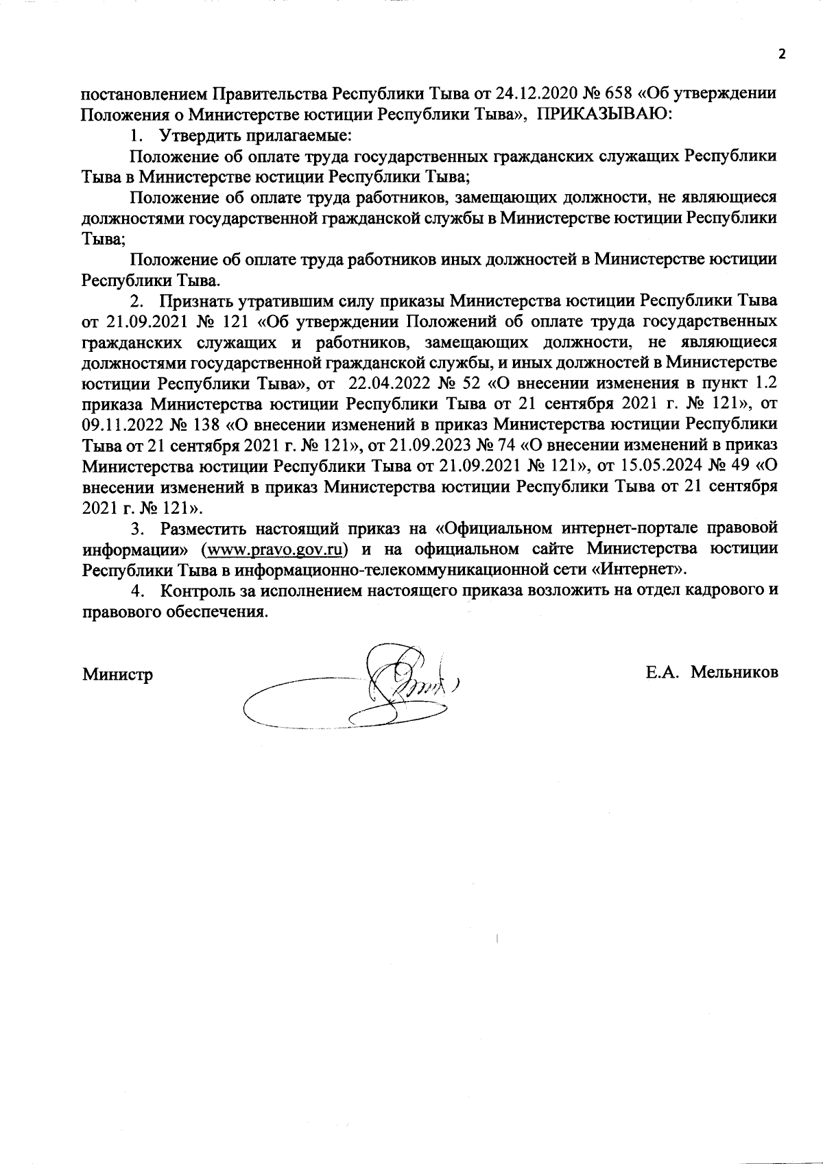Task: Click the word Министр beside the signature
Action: [x=117, y=674]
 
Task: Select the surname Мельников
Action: [x=735, y=673]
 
